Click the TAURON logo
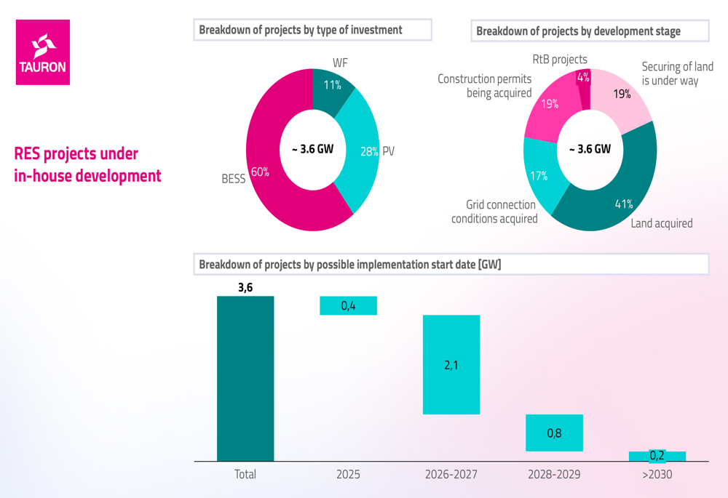coord(43,52)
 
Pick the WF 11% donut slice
coord(331,87)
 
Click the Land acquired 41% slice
coord(619,196)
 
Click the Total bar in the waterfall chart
coord(245,378)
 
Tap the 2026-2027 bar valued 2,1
coord(451,364)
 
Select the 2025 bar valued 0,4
coord(348,305)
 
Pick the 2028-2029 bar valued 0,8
coord(554,433)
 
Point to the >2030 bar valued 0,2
coord(657,456)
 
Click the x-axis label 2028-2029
coord(554,475)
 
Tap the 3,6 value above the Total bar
coord(245,287)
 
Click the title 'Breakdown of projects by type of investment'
coord(301,31)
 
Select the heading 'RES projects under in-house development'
coord(87,164)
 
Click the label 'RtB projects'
coord(560,60)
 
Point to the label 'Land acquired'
coord(662,223)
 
